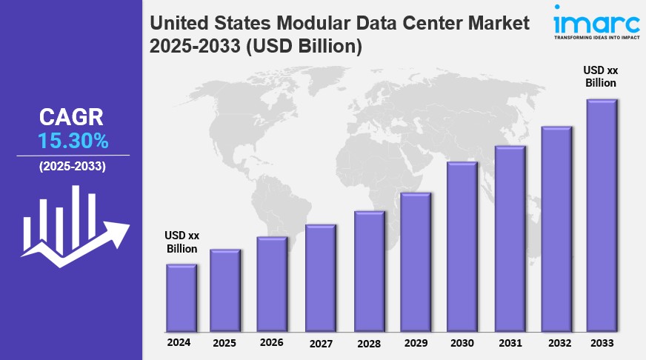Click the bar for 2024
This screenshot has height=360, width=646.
(181, 298)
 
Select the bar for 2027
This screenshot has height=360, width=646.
(321, 278)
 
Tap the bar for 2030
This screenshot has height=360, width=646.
(462, 247)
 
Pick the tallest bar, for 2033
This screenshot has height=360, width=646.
(602, 215)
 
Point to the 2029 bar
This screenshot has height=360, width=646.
(416, 261)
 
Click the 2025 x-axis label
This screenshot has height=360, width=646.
(224, 344)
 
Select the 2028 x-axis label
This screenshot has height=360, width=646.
(368, 344)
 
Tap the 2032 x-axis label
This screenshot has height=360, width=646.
(556, 343)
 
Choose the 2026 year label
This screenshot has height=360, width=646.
(271, 342)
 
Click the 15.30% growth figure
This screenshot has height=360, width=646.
(73, 140)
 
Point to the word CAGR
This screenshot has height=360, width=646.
(72, 117)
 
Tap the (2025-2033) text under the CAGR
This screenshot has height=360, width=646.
(73, 166)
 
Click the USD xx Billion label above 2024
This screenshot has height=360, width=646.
(182, 242)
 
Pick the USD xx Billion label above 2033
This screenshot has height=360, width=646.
(601, 76)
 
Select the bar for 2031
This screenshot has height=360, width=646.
(510, 239)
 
